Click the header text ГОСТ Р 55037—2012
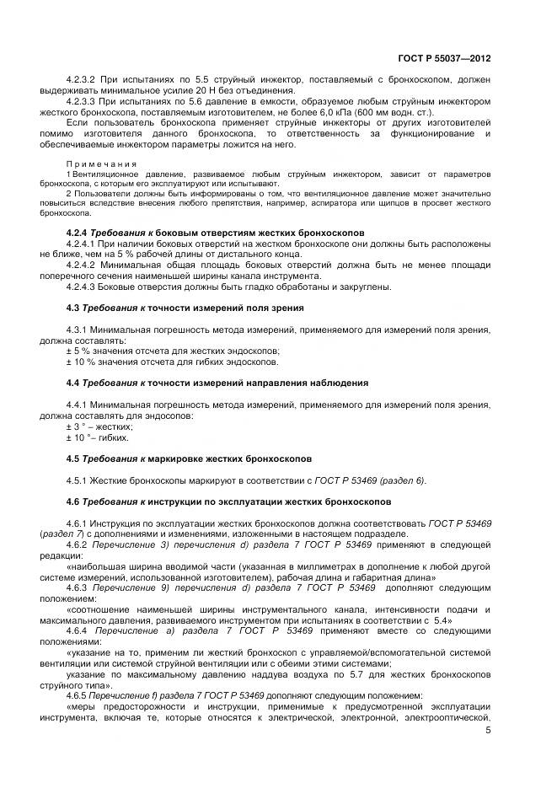pos(444,59)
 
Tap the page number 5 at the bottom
pos(489,730)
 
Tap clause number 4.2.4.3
pos(82,287)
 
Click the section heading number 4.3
pos(73,308)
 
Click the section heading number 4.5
pos(73,458)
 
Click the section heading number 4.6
pos(73,501)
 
